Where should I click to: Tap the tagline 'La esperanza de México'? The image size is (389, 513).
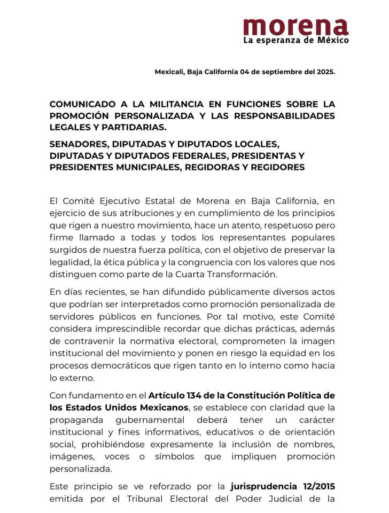pyautogui.click(x=295, y=40)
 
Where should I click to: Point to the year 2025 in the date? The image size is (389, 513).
pyautogui.click(x=323, y=72)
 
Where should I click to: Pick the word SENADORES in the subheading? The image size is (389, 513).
pyautogui.click(x=76, y=144)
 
